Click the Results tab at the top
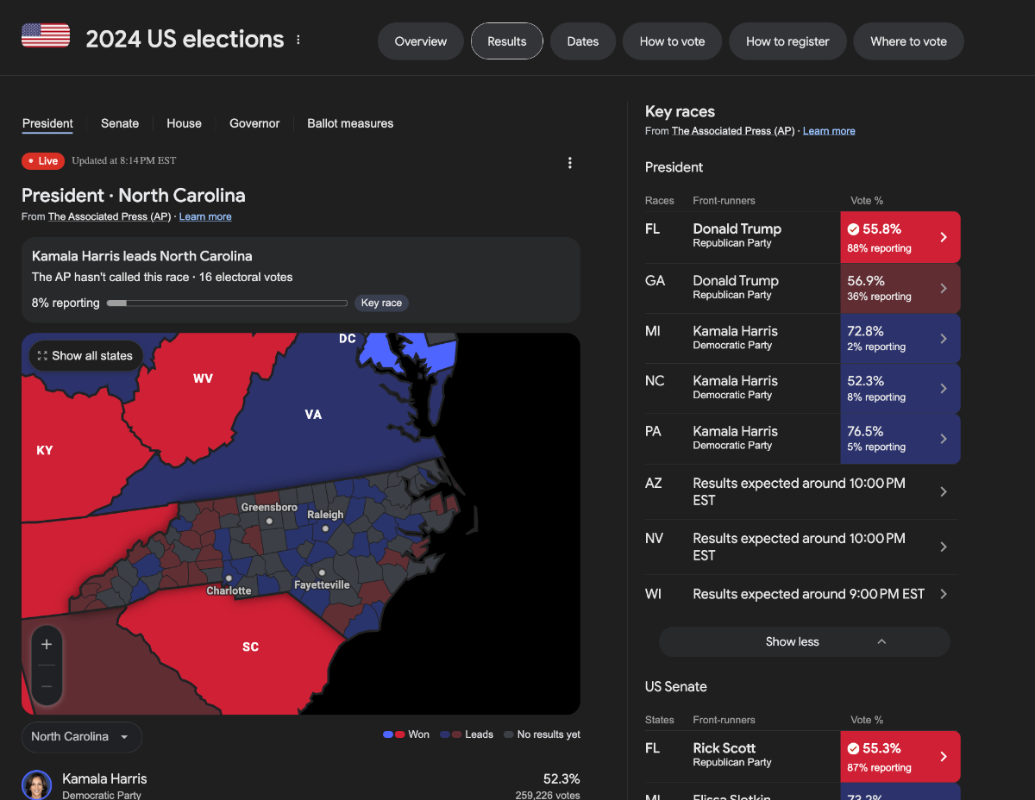pyautogui.click(x=506, y=41)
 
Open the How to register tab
pyautogui.click(x=787, y=41)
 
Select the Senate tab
pyautogui.click(x=120, y=123)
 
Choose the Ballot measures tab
pyautogui.click(x=350, y=123)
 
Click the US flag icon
pyautogui.click(x=46, y=36)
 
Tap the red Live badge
pyautogui.click(x=42, y=161)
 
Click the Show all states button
pyautogui.click(x=85, y=355)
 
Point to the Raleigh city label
pyautogui.click(x=325, y=515)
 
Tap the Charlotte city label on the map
pyautogui.click(x=229, y=591)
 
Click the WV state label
pyautogui.click(x=203, y=378)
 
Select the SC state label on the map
pyautogui.click(x=250, y=647)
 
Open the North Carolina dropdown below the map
pyautogui.click(x=81, y=736)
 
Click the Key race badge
pyautogui.click(x=381, y=303)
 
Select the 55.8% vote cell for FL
pyautogui.click(x=900, y=237)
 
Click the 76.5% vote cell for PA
pyautogui.click(x=900, y=438)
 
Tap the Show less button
pyautogui.click(x=804, y=641)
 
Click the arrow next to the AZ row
pyautogui.click(x=944, y=491)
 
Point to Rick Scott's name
pyautogui.click(x=724, y=748)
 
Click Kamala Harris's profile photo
pyautogui.click(x=37, y=785)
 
